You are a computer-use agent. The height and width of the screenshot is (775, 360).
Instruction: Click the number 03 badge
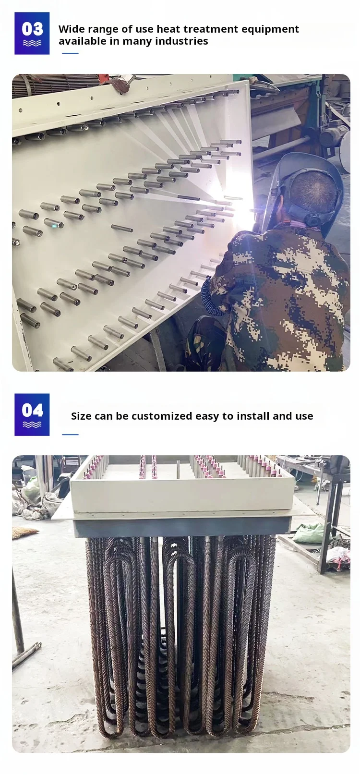32,33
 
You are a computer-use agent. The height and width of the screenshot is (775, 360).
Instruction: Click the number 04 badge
32,414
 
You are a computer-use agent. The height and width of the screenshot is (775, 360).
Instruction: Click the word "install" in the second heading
252,416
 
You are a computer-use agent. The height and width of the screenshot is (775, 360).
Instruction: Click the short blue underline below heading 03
70,53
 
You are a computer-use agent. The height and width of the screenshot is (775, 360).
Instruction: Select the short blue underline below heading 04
70,434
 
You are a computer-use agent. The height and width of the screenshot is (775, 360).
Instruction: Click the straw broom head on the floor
24,533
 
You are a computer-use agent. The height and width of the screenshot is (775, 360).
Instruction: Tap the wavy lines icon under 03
32,43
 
